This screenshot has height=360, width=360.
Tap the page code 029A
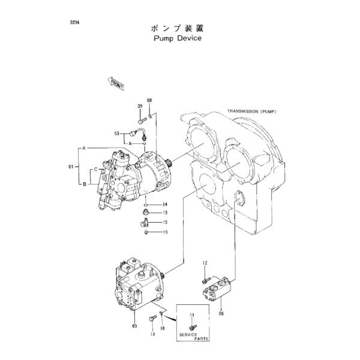pos(74,22)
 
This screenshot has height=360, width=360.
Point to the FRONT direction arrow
pos(116,83)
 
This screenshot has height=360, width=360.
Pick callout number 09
pos(139,106)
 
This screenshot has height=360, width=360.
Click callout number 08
pos(149,100)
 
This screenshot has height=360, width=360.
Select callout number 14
pos(164,205)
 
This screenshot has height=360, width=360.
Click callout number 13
pos(164,213)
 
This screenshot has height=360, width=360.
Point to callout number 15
pos(164,223)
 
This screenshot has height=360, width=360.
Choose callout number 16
pos(164,232)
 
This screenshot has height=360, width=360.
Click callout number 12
pos(204,263)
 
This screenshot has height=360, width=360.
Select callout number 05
pos(134,326)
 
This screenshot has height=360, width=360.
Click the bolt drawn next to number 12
pos(205,278)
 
